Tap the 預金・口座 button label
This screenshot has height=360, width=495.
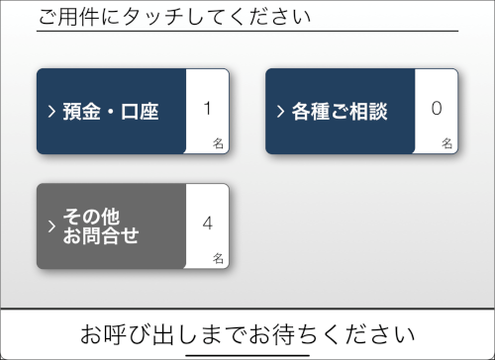(x=111, y=112)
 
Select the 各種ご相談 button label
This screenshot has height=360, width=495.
(x=340, y=112)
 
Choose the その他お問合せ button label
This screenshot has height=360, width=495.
(x=101, y=226)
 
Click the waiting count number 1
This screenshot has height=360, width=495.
(x=207, y=109)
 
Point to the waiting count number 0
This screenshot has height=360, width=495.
(x=437, y=109)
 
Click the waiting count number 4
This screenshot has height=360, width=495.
(x=207, y=224)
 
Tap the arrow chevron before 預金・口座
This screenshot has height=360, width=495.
(x=51, y=112)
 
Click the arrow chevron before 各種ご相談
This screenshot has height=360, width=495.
(x=280, y=112)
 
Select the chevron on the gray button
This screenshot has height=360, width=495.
(x=51, y=226)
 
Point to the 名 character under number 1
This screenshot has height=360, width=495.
(x=218, y=143)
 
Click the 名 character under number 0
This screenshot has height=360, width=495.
(x=446, y=143)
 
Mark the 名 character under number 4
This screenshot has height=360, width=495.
(x=218, y=258)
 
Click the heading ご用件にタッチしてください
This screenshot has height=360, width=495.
(x=174, y=17)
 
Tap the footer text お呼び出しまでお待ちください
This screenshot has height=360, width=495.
(x=247, y=334)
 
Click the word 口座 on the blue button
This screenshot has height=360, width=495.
(x=140, y=112)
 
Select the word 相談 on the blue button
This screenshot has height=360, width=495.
(x=368, y=112)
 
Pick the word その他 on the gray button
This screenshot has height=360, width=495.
(x=91, y=217)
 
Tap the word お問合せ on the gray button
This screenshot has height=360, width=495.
(x=101, y=235)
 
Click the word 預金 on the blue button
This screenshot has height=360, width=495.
(x=82, y=112)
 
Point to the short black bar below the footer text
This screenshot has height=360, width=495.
(x=247, y=355)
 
